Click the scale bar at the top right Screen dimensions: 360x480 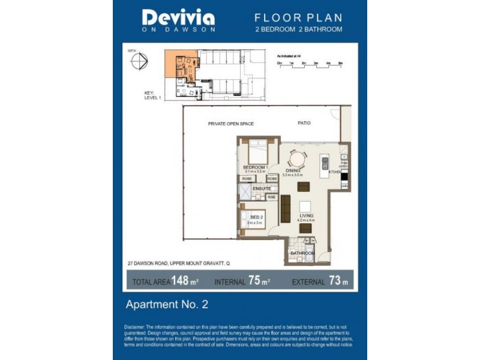[310, 62]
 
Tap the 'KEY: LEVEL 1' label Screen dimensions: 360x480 [152, 95]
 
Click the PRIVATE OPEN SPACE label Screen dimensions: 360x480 [231, 124]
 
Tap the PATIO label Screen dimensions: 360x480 [304, 123]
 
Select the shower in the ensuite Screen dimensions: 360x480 [245, 191]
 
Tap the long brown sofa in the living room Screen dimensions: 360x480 [286, 209]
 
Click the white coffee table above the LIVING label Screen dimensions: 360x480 [305, 205]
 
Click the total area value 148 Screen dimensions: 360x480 [182, 280]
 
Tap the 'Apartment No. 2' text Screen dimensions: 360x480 [166, 304]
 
